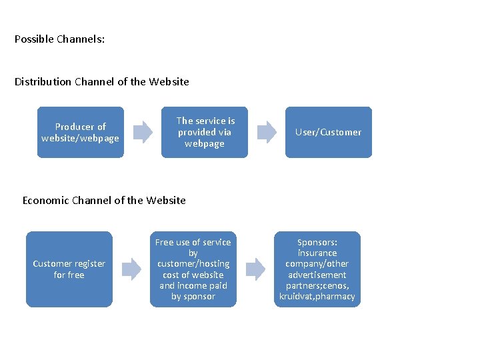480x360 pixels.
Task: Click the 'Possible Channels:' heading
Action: [x=59, y=39]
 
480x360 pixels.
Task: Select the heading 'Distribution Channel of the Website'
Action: [x=101, y=82]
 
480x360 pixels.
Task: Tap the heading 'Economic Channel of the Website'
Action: [x=104, y=200]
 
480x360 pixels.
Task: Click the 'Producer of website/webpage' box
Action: [x=80, y=132]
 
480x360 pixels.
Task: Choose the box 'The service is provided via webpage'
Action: [x=205, y=132]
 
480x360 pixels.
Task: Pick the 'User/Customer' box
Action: [x=329, y=132]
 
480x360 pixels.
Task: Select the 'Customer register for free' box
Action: [x=69, y=269]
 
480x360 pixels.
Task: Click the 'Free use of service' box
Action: [x=193, y=269]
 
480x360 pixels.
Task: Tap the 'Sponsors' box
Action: [x=317, y=269]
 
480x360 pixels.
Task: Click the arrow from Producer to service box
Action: [x=142, y=132]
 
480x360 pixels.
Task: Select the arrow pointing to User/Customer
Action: [x=267, y=132]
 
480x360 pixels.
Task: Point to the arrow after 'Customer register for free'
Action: [x=131, y=269]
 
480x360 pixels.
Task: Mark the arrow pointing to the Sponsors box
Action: [x=255, y=269]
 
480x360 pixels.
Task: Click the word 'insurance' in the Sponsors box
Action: [x=317, y=253]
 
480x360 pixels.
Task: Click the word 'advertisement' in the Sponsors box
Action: [x=317, y=275]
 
